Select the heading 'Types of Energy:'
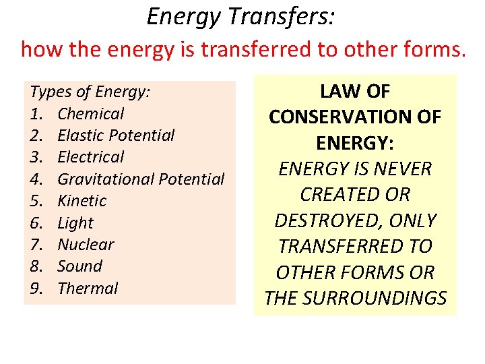tap(90, 92)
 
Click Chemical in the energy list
tap(91, 114)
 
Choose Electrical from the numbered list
tap(91, 157)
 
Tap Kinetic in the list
tap(82, 201)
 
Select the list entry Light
tap(75, 223)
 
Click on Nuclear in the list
tap(86, 244)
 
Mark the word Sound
tap(79, 266)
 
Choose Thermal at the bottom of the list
tap(88, 289)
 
